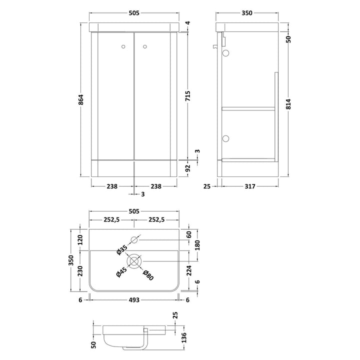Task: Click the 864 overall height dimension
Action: tap(81, 99)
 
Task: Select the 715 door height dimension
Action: tap(187, 96)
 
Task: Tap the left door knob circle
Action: tap(123, 47)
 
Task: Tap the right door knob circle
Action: tap(145, 47)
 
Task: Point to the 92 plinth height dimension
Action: tap(188, 168)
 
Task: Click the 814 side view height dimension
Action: tap(288, 104)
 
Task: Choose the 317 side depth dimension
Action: tap(250, 186)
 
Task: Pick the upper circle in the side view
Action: tap(226, 53)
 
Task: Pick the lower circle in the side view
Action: tap(226, 138)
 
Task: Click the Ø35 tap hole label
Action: tap(121, 250)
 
